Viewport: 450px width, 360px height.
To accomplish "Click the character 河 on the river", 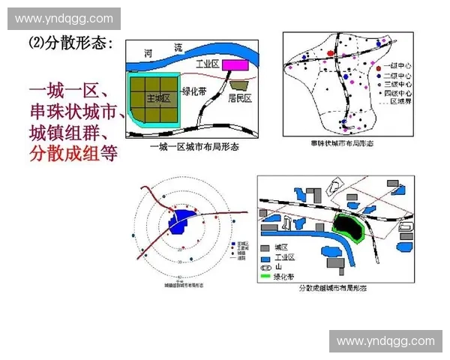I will click(148, 53).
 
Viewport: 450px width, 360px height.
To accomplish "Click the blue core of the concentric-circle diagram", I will click(182, 223).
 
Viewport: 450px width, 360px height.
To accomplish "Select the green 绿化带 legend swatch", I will click(266, 276).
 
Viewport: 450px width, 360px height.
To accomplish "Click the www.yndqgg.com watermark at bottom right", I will click(385, 341).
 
